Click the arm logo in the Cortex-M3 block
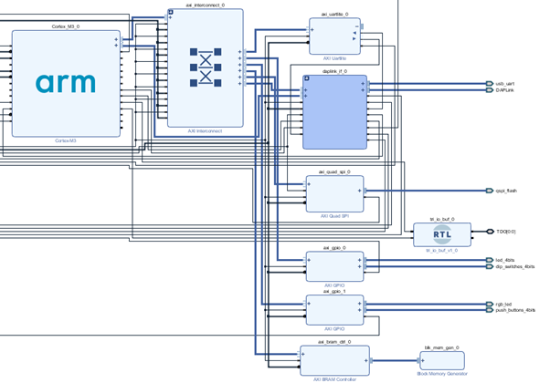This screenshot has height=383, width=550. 66,83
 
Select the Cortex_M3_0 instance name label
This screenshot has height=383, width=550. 66,27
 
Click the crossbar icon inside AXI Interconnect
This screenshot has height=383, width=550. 206,69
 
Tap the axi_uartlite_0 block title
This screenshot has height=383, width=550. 334,15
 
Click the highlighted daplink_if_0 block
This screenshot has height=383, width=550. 334,112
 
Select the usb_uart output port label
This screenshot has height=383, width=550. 506,84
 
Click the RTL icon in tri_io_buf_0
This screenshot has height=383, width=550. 442,235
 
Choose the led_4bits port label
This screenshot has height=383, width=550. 505,260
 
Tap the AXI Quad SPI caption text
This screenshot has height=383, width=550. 334,217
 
